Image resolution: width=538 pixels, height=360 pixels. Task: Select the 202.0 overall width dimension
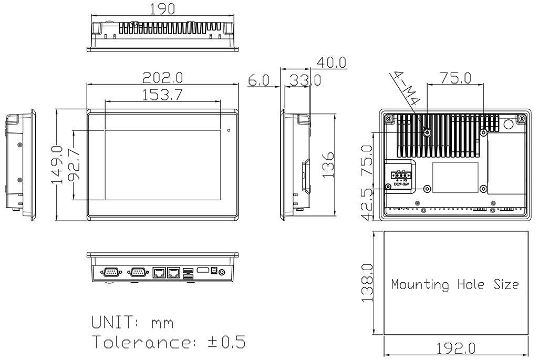tap(162, 78)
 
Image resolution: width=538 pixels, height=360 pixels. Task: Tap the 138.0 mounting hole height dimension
tap(367, 284)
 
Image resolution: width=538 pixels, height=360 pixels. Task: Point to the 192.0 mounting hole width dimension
tap(456, 348)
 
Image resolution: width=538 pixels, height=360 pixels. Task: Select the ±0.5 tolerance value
tap(226, 342)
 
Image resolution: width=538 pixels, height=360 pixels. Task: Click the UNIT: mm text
tap(132, 322)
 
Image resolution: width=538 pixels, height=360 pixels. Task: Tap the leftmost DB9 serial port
tap(111, 272)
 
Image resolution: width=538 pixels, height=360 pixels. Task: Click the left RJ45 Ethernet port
tap(158, 272)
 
